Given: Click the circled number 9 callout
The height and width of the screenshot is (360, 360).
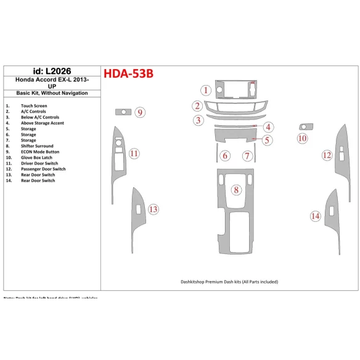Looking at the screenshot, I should pos(141,112).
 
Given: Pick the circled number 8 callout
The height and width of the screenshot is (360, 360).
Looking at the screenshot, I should pos(235,190).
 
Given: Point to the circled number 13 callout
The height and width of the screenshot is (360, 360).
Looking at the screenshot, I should pos(153,210).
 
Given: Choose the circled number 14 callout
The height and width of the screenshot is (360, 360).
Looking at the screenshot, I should pos(315,216).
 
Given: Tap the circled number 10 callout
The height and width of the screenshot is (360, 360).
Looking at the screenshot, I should pos(302,139).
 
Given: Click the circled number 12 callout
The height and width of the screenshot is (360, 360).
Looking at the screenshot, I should pos(327,155).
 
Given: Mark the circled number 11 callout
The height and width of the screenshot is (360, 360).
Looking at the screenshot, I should pos(134,153).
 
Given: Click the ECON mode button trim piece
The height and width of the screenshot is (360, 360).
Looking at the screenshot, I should pos(123,112).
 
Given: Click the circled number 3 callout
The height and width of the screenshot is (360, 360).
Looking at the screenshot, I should pos(198,120).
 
